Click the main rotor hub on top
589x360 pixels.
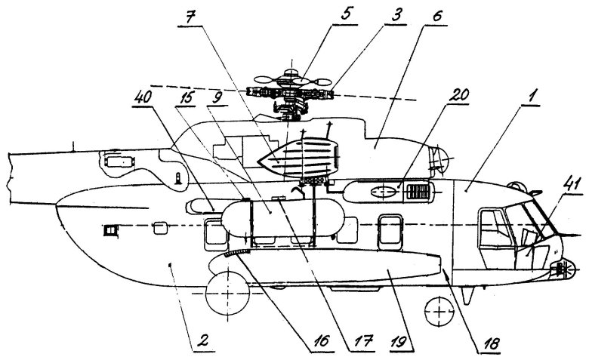(291, 94)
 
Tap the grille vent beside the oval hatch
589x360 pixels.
(416, 192)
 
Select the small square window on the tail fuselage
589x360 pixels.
(113, 229)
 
